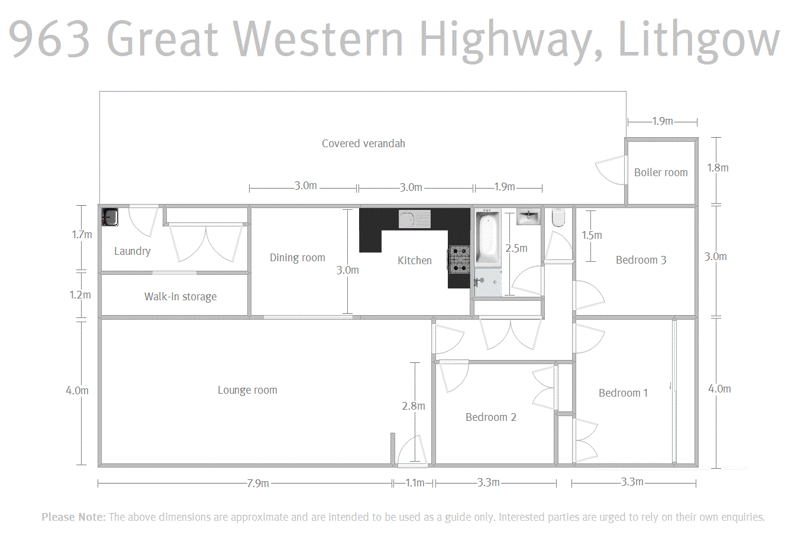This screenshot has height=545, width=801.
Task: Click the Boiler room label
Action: [x=661, y=173]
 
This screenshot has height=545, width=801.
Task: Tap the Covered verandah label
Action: [x=363, y=144]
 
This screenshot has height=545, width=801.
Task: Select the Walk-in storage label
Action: [x=180, y=297]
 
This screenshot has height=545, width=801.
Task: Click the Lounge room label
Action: [x=247, y=390]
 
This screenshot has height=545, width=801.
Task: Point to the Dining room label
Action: [x=298, y=258]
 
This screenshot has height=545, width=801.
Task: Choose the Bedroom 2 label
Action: [x=491, y=417]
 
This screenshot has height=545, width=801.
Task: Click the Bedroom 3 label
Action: [x=641, y=260]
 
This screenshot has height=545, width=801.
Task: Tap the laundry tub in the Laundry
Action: [x=110, y=217]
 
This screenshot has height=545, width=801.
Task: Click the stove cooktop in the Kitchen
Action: [x=459, y=259]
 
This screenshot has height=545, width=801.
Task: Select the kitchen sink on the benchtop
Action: [x=414, y=219]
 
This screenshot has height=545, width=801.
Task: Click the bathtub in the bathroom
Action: [x=488, y=239]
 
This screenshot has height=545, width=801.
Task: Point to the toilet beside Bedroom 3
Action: [x=558, y=218]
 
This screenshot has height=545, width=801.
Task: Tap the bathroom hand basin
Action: [x=528, y=217]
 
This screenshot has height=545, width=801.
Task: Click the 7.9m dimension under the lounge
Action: [x=258, y=484]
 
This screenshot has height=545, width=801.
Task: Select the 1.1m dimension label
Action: [x=415, y=483]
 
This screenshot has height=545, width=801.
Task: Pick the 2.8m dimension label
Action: [x=413, y=406]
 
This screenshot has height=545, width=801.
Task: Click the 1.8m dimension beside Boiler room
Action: [x=718, y=168]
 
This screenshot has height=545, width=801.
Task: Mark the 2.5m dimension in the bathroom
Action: [x=516, y=248]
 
